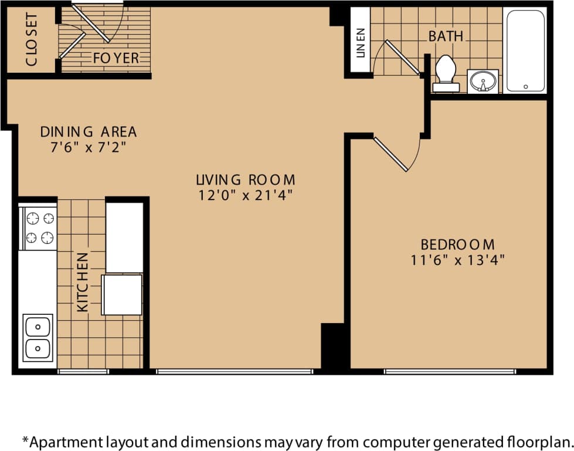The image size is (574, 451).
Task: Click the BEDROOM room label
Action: pos(457,244)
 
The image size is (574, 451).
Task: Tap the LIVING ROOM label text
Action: pos(245,179)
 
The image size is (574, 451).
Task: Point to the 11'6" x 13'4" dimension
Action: pos(457,260)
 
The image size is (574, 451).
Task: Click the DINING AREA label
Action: pos(88,131)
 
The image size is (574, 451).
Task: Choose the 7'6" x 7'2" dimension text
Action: pos(88,147)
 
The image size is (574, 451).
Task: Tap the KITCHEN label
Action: pos(83,282)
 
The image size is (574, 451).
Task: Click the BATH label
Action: pos(446,36)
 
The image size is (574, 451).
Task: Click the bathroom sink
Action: pos(483,81)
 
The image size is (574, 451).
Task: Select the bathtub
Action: pos(525,51)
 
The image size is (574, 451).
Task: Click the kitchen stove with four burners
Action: pos(39,228)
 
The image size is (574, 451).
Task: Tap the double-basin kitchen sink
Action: pos(38,337)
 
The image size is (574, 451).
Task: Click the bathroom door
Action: pos(402,57)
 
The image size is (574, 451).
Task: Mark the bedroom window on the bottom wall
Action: pos(450,371)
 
